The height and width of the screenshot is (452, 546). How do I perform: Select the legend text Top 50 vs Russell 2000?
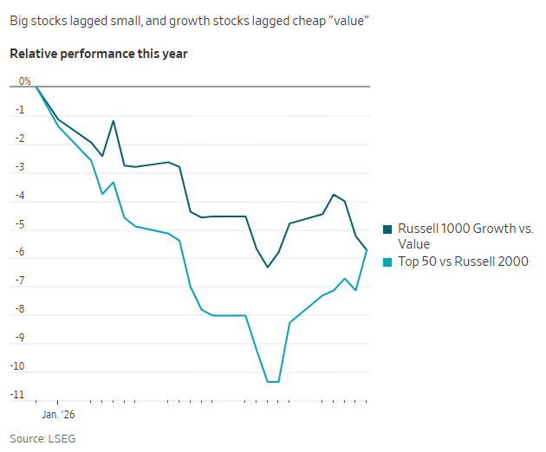tap(463, 262)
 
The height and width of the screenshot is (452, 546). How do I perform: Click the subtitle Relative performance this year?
tap(99, 54)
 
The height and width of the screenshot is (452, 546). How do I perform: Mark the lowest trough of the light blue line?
tap(272, 381)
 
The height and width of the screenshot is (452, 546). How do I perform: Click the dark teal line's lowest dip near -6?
tap(267, 267)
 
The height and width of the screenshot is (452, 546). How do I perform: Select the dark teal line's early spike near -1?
tap(114, 121)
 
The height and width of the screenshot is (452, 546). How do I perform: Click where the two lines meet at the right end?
tap(367, 250)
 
